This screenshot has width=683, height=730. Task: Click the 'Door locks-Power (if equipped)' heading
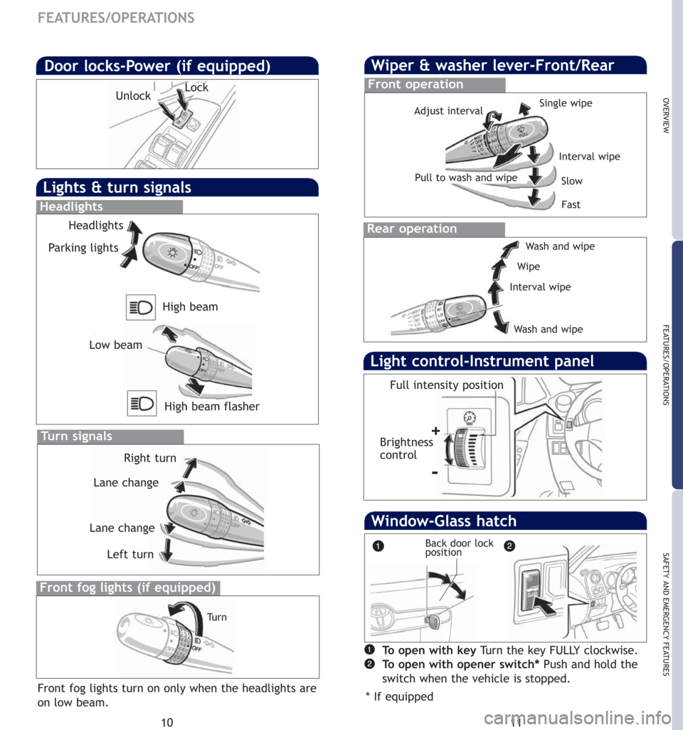[157, 66]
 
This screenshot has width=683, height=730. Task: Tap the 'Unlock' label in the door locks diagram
[134, 96]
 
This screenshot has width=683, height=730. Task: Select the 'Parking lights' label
[84, 248]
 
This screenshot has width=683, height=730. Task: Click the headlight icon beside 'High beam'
[142, 308]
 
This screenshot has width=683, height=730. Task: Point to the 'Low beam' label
[116, 345]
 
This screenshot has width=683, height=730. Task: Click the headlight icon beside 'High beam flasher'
[142, 403]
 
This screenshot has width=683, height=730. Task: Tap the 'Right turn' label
[149, 458]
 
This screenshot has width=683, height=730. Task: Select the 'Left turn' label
[130, 554]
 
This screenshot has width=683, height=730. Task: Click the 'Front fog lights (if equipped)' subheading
[128, 588]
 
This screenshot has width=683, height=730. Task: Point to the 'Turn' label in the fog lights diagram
[217, 617]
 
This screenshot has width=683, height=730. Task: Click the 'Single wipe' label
[566, 103]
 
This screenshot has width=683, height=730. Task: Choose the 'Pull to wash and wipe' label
[466, 177]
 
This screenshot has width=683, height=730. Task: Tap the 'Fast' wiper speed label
[571, 204]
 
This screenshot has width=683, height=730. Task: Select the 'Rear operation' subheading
[413, 229]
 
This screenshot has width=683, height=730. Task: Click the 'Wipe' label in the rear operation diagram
[529, 267]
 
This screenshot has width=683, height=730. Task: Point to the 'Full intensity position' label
[447, 385]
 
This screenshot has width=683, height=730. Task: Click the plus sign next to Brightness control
[435, 431]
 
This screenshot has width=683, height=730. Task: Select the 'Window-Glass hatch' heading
[444, 521]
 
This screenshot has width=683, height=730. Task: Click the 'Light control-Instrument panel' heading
[482, 361]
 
